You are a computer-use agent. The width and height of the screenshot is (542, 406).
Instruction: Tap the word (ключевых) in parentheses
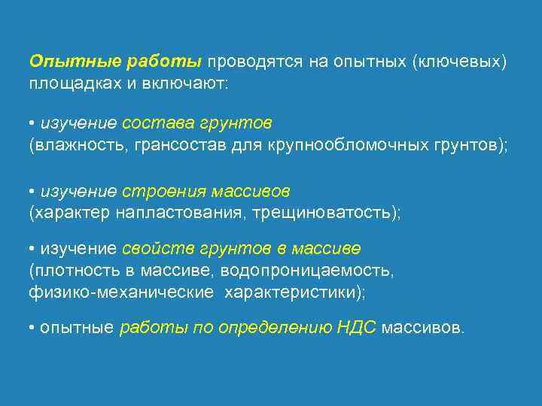click(459, 60)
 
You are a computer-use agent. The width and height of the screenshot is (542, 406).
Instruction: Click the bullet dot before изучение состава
click(32, 123)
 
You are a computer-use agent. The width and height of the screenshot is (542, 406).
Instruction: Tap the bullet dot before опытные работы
click(32, 329)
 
